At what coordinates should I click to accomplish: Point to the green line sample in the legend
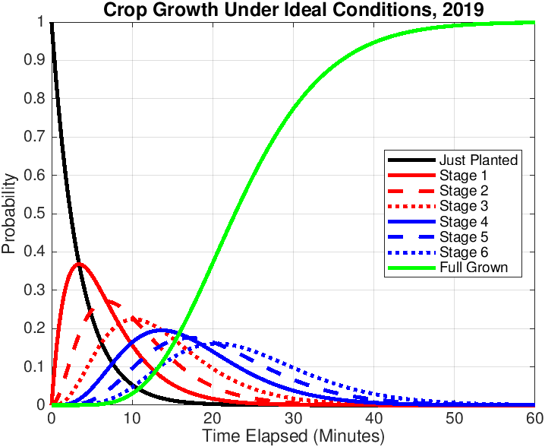click(x=410, y=268)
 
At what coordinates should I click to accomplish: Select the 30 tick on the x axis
click(x=293, y=418)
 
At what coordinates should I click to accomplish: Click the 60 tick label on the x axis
click(x=534, y=418)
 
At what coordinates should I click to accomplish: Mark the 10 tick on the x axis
click(x=131, y=418)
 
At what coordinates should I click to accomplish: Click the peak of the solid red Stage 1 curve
click(x=78, y=264)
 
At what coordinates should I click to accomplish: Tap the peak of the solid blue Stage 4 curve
click(x=162, y=330)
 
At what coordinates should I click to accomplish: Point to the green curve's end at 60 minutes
click(x=534, y=22)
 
